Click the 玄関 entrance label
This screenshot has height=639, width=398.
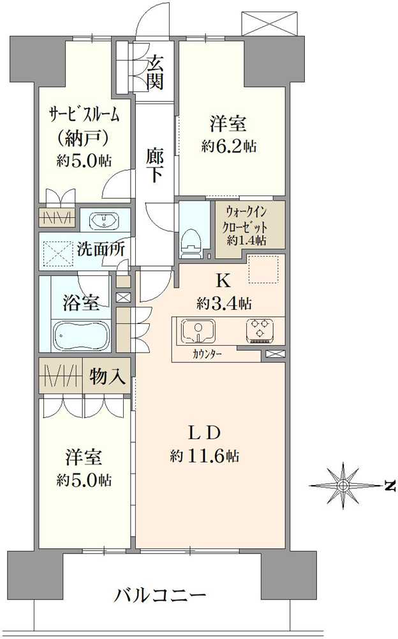tap(156, 72)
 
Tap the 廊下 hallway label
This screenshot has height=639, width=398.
tap(155, 166)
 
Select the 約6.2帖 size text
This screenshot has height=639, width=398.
tap(229, 146)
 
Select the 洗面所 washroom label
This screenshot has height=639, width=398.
tap(101, 249)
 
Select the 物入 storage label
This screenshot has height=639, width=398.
tap(107, 377)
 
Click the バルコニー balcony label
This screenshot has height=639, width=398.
tap(160, 597)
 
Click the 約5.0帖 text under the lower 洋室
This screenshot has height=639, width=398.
tap(84, 479)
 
